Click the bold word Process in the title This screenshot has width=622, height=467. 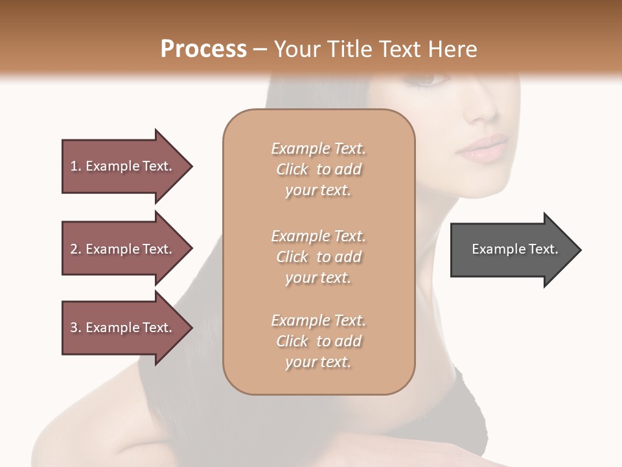(x=203, y=49)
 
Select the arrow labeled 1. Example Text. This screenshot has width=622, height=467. (x=123, y=166)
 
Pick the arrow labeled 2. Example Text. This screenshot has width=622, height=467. (x=123, y=249)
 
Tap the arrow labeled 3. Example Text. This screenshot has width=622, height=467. (x=123, y=328)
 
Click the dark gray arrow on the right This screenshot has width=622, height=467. (x=512, y=249)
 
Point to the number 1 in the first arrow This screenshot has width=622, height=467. (x=73, y=166)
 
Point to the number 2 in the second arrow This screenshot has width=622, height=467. (x=73, y=249)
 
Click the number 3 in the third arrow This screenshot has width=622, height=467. (x=73, y=328)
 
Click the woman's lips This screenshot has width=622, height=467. (x=483, y=149)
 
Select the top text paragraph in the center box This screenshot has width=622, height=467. (x=318, y=169)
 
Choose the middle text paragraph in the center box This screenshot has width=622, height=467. (x=318, y=257)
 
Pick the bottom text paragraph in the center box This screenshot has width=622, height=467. (x=318, y=341)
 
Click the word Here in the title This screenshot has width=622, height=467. (x=453, y=49)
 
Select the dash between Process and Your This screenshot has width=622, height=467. (x=260, y=49)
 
